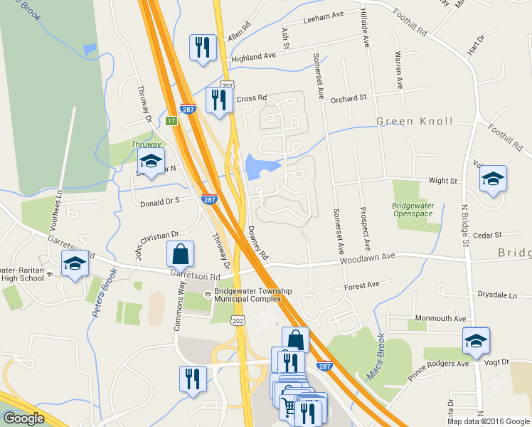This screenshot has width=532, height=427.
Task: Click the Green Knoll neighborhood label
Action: pyautogui.click(x=415, y=121)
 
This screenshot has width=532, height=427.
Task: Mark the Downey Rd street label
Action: pyautogui.click(x=257, y=243)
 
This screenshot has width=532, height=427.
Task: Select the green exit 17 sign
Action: pyautogui.click(x=171, y=121)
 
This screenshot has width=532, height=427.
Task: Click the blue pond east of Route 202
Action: pyautogui.click(x=262, y=168)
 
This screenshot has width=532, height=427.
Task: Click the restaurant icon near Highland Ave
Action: pyautogui.click(x=203, y=48)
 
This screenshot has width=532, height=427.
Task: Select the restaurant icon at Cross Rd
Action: pyautogui.click(x=218, y=100)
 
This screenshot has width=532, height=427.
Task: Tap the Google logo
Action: pyautogui.click(x=23, y=419)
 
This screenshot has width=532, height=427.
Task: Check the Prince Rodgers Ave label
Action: pyautogui.click(x=439, y=364)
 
